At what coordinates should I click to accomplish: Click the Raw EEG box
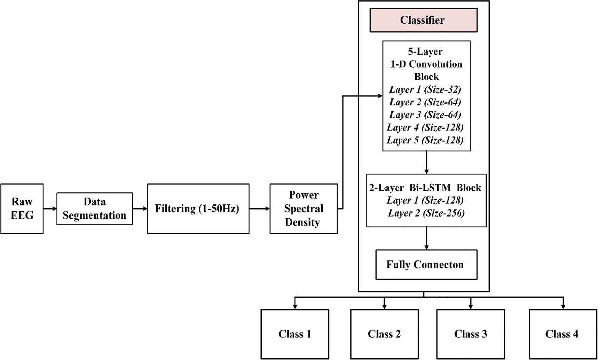click(22, 209)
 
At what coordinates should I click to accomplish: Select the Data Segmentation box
click(94, 209)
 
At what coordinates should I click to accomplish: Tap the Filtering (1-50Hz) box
click(198, 209)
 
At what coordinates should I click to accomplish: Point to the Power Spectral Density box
click(303, 209)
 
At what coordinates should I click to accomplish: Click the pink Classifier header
click(423, 20)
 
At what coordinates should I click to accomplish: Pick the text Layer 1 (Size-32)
click(425, 89)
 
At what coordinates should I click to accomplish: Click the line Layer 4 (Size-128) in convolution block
click(425, 127)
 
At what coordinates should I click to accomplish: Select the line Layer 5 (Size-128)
click(425, 140)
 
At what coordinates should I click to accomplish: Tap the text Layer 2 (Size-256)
click(426, 213)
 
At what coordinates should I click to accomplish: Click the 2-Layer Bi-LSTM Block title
click(425, 188)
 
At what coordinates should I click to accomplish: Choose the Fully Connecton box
click(426, 265)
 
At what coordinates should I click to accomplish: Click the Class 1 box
click(294, 334)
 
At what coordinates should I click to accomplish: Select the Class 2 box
click(384, 334)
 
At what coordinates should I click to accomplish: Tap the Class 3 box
click(470, 334)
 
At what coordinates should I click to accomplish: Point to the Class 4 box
click(562, 334)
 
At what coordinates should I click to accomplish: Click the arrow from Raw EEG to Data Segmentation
click(50, 209)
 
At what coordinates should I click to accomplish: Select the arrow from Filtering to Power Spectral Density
click(259, 209)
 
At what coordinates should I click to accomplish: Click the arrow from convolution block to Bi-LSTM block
click(426, 163)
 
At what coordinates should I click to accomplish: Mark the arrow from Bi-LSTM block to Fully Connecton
click(426, 238)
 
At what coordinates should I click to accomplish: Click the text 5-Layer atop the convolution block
click(425, 52)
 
